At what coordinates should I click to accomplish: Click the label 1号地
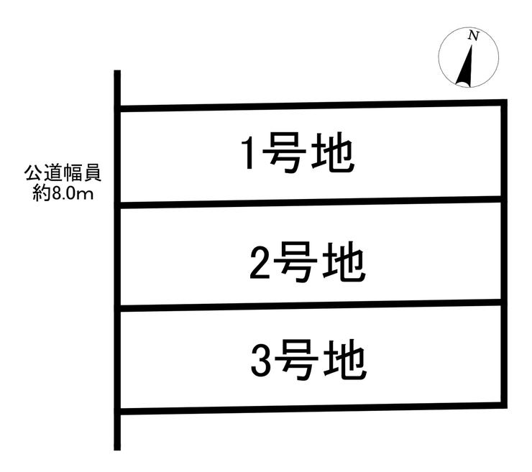pos(298,154)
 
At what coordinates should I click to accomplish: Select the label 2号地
pos(306,264)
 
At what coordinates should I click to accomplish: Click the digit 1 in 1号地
pos(249,155)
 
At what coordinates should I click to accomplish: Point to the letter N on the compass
pos(472,35)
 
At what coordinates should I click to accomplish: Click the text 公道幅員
pos(63,174)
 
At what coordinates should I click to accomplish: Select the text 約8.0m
pos(63,194)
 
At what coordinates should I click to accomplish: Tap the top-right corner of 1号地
pos(504,103)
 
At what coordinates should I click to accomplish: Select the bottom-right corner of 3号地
pos(504,404)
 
